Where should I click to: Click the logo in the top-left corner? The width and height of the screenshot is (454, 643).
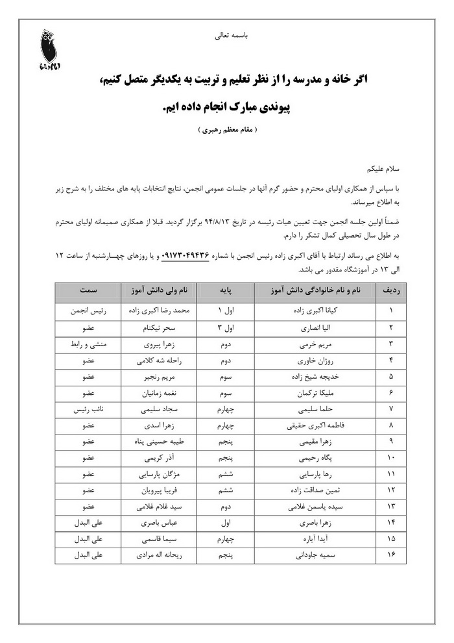coord(47,50)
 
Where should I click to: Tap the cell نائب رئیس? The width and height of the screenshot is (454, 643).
coord(89,410)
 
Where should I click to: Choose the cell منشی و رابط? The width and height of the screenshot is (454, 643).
coord(89,343)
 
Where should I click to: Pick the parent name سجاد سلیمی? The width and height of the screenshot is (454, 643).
coord(158,410)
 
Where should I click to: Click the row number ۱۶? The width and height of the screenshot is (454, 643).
coord(392,555)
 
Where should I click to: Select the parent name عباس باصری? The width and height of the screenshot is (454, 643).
coord(158,522)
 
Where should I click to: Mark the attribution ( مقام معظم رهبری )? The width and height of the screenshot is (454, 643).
coord(228,129)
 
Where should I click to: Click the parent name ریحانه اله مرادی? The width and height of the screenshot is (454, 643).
coord(158,555)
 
